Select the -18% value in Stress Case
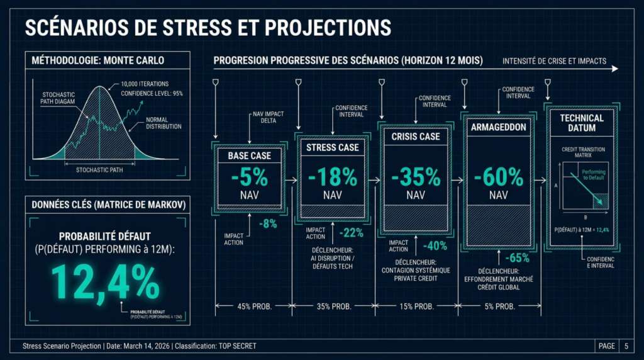point(332,177)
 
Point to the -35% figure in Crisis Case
point(415,177)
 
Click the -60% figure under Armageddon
point(498,177)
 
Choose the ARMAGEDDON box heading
point(498,127)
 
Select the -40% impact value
point(435,245)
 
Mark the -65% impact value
point(517,258)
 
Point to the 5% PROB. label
point(499,307)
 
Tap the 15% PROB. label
point(416,307)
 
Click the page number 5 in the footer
point(626,346)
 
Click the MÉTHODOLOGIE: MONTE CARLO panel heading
point(98,60)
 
